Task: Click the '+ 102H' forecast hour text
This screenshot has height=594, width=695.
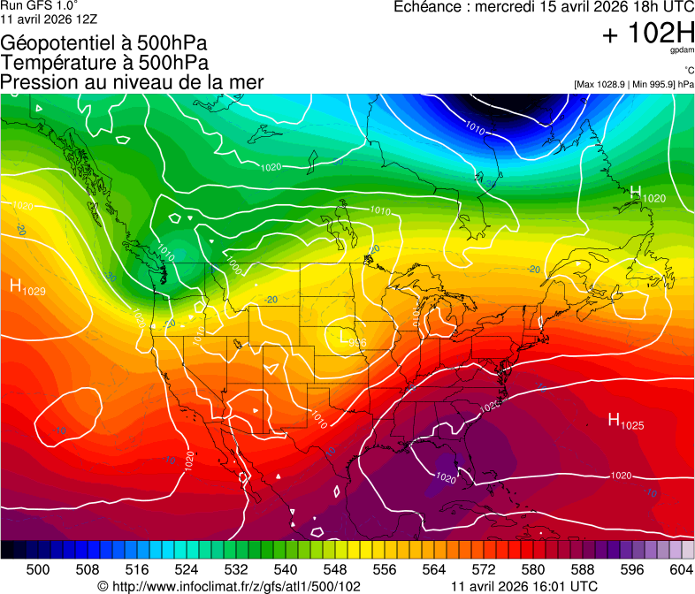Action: [x=648, y=34]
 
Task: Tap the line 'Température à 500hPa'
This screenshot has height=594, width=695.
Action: [x=104, y=63]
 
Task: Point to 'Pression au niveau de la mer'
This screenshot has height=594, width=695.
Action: [x=132, y=82]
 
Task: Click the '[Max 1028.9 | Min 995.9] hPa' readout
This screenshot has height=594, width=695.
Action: [x=633, y=84]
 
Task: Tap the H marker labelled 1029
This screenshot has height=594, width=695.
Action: [x=16, y=286]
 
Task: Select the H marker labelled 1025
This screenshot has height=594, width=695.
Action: [x=614, y=420]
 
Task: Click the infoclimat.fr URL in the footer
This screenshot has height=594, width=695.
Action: [x=229, y=586]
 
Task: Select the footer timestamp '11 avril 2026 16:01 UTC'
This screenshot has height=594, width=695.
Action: [x=524, y=586]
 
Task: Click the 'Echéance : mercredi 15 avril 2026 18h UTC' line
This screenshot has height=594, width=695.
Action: [x=543, y=7]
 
